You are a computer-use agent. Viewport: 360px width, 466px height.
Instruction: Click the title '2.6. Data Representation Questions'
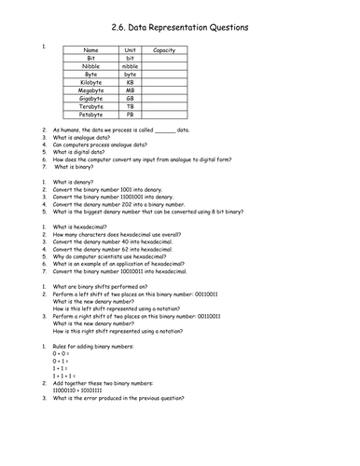pos(180,28)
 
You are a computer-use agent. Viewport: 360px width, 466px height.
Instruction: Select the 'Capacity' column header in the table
pos(164,49)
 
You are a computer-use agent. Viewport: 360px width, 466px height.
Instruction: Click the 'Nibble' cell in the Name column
pos(90,66)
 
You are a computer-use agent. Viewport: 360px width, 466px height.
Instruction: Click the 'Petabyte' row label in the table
pos(90,115)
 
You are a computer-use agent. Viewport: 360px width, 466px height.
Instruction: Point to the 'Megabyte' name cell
pos(90,90)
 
